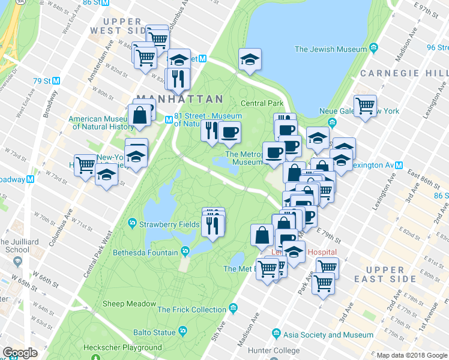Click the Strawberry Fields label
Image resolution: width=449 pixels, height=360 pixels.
(160, 224)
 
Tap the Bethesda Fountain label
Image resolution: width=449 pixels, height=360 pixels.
(145, 253)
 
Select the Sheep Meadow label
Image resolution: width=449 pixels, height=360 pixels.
(129, 304)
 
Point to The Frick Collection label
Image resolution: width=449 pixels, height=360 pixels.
(191, 310)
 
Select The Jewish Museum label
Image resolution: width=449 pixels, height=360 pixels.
(330, 49)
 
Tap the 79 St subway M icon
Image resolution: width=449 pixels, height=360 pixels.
(56, 80)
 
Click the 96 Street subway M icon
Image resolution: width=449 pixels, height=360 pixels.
(445, 47)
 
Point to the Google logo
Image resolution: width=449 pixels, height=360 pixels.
(20, 353)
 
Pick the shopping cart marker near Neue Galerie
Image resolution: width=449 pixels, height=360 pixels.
(364, 107)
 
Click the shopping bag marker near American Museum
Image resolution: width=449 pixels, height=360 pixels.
(139, 115)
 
